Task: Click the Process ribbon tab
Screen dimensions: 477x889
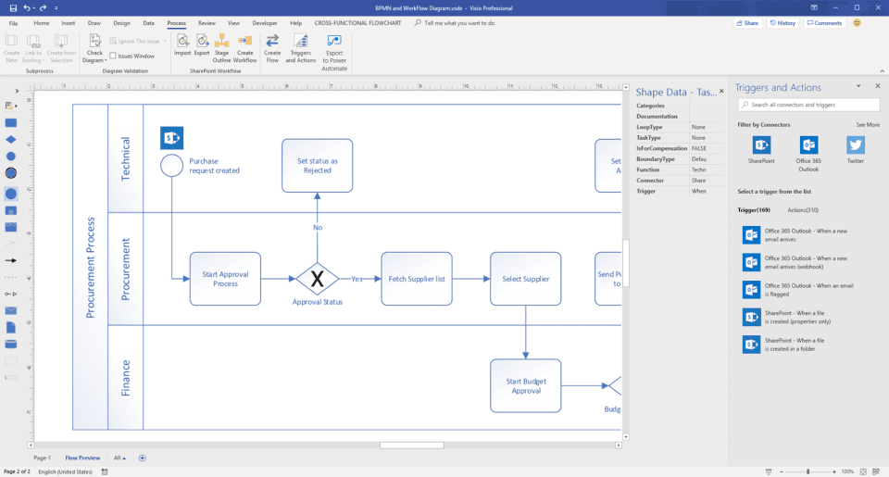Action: pos(176,22)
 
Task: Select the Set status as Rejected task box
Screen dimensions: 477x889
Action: pos(317,165)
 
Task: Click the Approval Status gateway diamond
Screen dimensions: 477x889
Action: pos(317,278)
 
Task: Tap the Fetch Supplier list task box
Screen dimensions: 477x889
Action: pos(417,278)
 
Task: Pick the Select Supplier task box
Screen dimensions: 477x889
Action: pos(525,278)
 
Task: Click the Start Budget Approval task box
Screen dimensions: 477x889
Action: pos(525,385)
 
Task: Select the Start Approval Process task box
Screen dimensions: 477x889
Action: pos(225,278)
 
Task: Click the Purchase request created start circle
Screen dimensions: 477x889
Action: pos(171,165)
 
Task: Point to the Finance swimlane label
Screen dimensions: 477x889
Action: pos(126,378)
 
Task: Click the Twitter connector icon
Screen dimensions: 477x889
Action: pos(855,145)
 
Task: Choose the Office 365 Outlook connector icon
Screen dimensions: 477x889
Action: pos(808,145)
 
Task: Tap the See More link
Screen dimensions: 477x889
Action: pos(867,124)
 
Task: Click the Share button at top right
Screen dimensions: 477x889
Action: pos(746,22)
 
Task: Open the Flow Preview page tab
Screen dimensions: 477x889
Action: pos(82,458)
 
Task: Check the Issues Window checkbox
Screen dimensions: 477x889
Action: pos(113,56)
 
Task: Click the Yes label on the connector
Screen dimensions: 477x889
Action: pos(357,278)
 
